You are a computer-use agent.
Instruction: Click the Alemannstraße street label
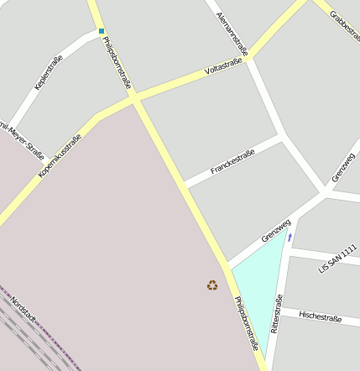232,34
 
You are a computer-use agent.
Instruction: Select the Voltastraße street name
226,65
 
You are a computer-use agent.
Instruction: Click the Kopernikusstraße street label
60,155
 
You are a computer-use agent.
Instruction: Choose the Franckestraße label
232,163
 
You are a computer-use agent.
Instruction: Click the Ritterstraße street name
277,314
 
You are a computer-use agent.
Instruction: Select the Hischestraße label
319,318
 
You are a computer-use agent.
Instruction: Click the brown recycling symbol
212,285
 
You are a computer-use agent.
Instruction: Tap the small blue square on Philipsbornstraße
102,31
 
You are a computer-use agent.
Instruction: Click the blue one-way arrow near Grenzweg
290,238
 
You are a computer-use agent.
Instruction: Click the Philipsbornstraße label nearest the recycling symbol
246,323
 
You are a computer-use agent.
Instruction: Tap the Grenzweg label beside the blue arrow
275,231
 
